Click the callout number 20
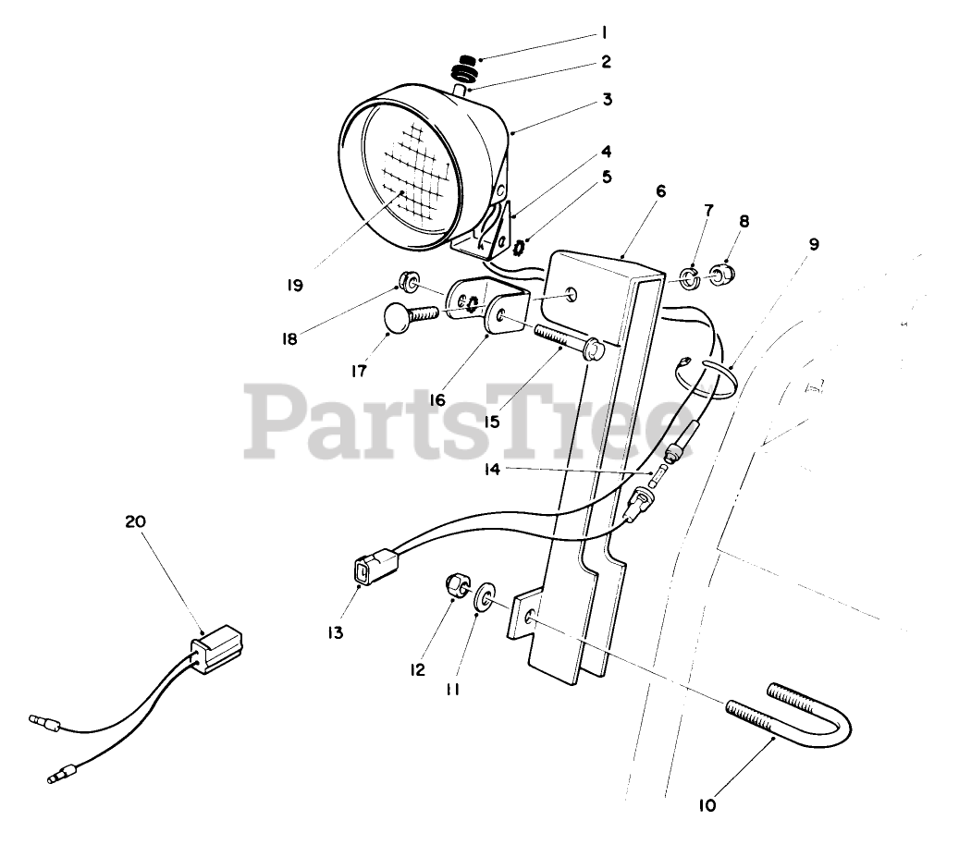pos(135,521)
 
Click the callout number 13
pos(334,633)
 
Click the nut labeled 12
pos(456,585)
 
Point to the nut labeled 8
pos(721,273)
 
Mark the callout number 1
pos(603,33)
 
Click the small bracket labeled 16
pos(490,310)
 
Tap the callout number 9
pos(813,244)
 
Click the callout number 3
pos(607,99)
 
